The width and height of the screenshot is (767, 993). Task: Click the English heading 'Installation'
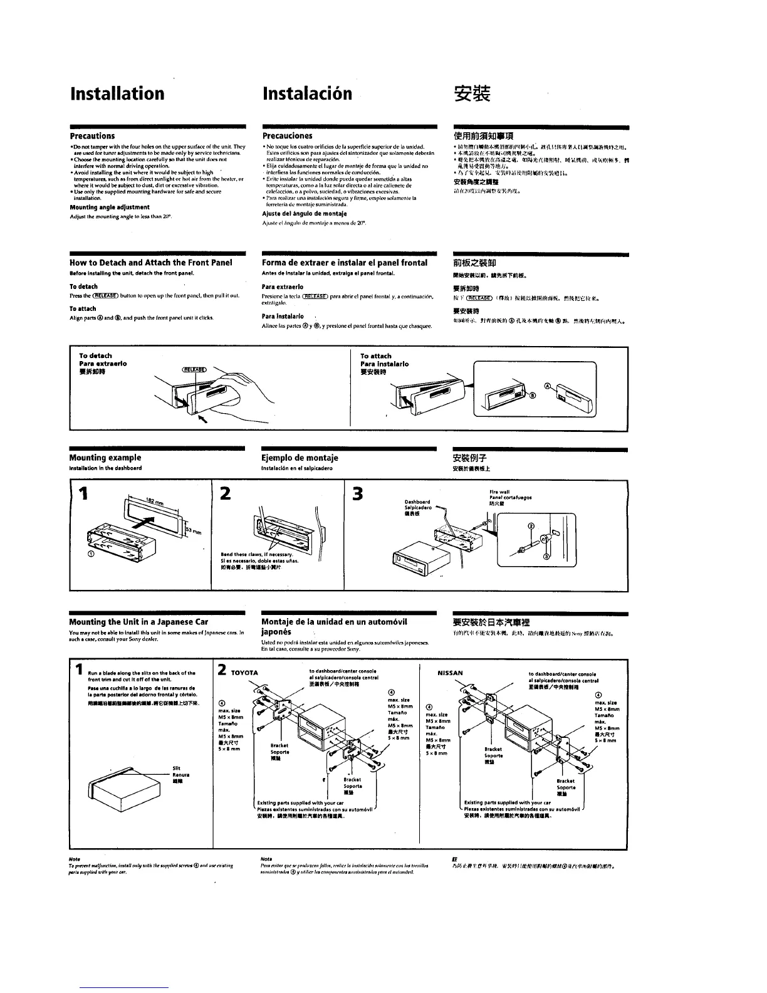117,93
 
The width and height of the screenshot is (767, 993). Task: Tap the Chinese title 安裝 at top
471,94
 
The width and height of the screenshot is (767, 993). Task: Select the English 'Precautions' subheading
92,136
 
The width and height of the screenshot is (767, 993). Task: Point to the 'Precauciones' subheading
287,136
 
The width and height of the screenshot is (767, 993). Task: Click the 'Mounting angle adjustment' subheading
109,207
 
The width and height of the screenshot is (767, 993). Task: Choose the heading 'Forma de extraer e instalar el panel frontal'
344,263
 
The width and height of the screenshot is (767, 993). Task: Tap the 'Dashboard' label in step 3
417,502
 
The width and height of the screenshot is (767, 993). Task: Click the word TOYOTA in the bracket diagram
245,673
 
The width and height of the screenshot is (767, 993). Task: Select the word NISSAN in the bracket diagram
450,673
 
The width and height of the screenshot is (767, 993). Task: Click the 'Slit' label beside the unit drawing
176,768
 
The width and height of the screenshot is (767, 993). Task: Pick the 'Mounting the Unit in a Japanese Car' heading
138,622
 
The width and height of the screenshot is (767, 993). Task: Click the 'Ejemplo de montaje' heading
300,458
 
